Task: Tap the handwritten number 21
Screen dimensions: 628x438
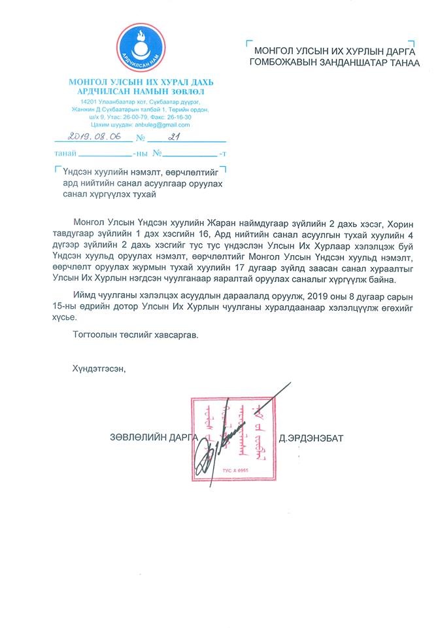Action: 173,137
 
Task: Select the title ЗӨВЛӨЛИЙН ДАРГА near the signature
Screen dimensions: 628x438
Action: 152,437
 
